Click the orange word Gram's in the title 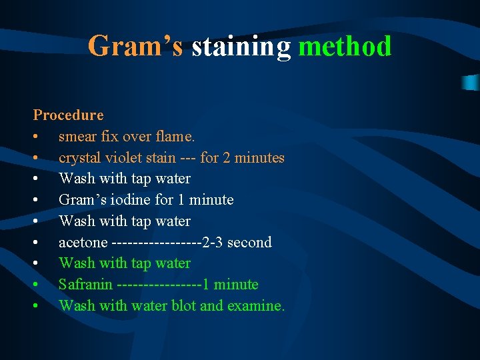pos(135,47)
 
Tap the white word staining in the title pos(241,47)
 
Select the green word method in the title pos(345,47)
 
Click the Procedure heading pos(69,115)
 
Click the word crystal pos(79,158)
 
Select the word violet pos(119,158)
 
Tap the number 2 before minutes pos(229,158)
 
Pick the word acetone pos(83,242)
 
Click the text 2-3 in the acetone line pos(213,242)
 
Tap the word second pos(249,242)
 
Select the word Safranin pos(85,285)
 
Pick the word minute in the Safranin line pos(235,285)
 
